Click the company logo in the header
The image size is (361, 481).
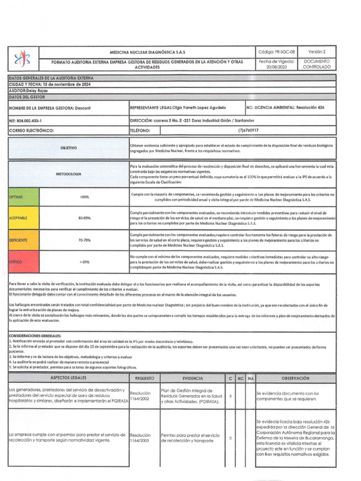point(23,58)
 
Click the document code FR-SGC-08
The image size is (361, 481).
point(276,52)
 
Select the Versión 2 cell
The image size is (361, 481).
point(316,52)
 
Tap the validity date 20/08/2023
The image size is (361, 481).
point(276,67)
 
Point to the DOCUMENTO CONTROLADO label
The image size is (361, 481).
point(316,64)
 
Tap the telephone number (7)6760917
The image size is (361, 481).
point(248,131)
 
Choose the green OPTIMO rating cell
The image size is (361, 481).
point(24,197)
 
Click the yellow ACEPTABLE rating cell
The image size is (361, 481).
point(24,218)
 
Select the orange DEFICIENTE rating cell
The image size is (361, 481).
point(24,240)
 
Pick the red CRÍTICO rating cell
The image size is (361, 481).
point(24,261)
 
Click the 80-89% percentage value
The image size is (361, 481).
point(85,218)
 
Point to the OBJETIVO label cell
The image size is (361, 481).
point(68,148)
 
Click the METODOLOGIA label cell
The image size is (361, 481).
point(68,174)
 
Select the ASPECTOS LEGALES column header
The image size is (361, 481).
point(68,378)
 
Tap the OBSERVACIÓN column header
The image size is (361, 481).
point(295,378)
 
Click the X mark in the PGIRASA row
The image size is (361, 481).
point(230,396)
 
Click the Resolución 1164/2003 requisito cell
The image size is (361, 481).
point(141,438)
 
